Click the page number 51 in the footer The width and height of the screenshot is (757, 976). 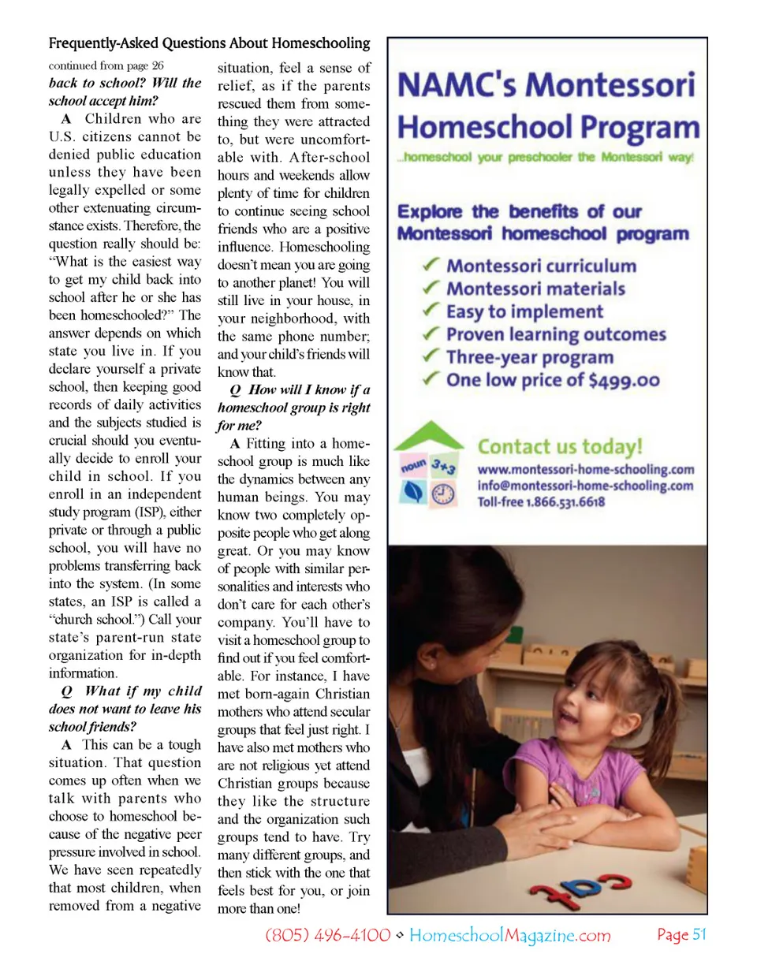[x=699, y=935]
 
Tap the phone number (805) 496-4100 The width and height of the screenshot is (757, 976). [x=327, y=936]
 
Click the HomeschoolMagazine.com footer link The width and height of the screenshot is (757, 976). [x=509, y=936]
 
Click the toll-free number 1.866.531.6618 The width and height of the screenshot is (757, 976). [x=565, y=502]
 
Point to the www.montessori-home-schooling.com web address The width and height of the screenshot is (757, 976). [x=585, y=470]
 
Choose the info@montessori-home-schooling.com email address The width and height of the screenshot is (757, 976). [x=585, y=486]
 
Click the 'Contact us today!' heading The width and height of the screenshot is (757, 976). [x=560, y=447]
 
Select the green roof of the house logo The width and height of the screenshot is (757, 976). [x=428, y=435]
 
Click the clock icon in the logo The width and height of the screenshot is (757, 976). [x=443, y=494]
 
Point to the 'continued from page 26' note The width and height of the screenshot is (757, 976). [x=106, y=65]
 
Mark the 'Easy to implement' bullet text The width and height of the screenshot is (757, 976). [x=524, y=312]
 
